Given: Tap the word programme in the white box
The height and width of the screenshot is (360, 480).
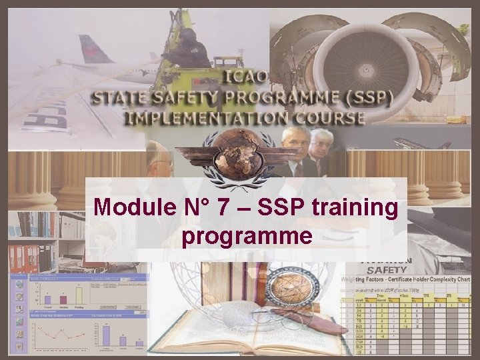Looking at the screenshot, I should [x=246, y=236].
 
